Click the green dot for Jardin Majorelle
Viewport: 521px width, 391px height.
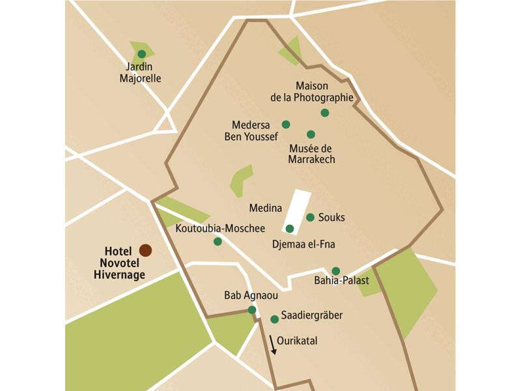(141, 54)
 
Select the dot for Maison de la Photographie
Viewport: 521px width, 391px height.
(325, 113)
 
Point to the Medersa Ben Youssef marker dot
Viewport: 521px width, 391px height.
(285, 124)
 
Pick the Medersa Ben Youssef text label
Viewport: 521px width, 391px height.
(251, 130)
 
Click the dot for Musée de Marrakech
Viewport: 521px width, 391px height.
(311, 134)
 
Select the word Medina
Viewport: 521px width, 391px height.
(266, 209)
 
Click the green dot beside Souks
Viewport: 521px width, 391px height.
(310, 218)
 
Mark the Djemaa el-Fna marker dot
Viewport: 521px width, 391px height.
(290, 229)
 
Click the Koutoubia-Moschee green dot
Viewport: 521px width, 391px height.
(218, 242)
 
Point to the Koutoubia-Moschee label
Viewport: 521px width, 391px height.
(212, 229)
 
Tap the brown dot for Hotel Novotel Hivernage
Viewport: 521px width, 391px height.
(145, 250)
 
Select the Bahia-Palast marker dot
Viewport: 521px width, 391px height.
(335, 271)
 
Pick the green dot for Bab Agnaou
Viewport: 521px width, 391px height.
(252, 310)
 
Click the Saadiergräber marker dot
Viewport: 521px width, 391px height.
(275, 319)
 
